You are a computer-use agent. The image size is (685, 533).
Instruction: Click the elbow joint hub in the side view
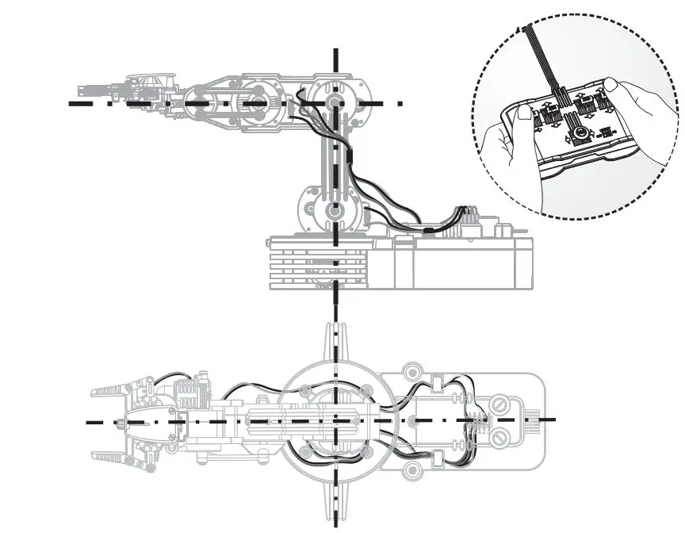click(x=336, y=103)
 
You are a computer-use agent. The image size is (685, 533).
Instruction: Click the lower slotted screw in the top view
click(x=500, y=437)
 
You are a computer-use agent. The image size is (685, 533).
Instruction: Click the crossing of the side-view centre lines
click(x=336, y=103)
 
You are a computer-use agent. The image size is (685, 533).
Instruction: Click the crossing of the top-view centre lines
click(x=336, y=420)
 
